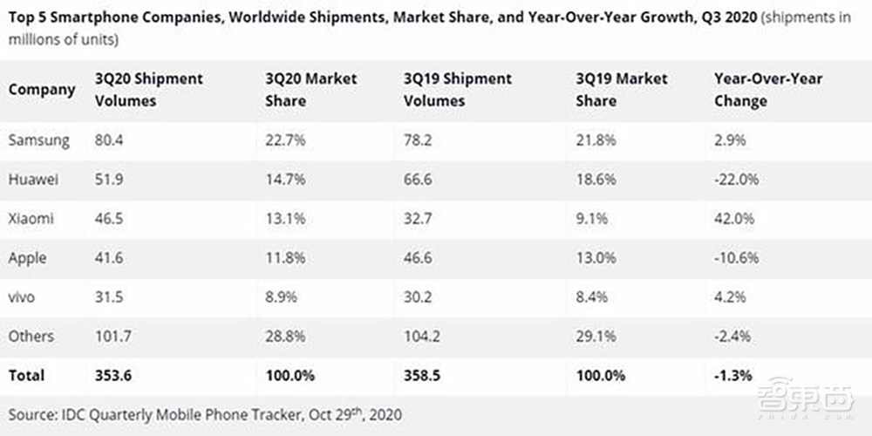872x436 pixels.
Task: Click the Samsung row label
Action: [x=38, y=140]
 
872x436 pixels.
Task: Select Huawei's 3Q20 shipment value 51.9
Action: [x=110, y=180]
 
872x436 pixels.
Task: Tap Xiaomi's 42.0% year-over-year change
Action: [x=735, y=219]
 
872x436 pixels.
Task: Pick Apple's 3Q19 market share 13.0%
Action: [x=596, y=258]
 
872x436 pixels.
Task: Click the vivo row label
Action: [x=23, y=297]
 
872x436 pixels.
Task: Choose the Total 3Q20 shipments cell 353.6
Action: [x=113, y=376]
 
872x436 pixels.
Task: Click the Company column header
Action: [x=42, y=90]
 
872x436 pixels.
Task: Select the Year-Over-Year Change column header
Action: [x=768, y=90]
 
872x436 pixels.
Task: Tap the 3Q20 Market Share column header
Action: [x=310, y=90]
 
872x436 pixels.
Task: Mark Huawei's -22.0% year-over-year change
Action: [x=738, y=180]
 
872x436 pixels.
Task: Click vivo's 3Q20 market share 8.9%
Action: [x=283, y=297]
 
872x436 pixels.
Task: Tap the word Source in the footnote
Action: [x=34, y=412]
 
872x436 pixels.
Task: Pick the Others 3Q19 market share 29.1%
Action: [x=596, y=337]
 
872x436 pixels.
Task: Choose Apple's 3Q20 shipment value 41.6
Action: [x=110, y=258]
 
